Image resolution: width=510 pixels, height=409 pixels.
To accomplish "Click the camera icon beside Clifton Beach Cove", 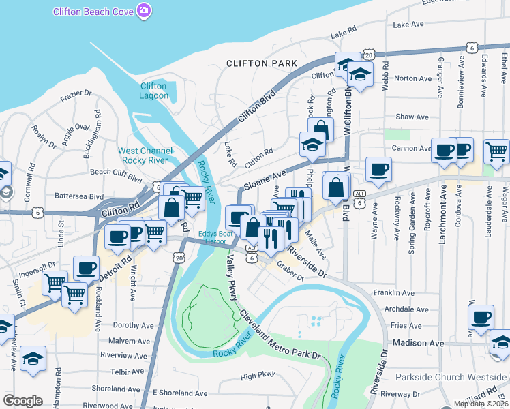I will coord(144,10).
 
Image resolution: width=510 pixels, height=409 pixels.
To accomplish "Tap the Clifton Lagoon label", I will coord(153,91).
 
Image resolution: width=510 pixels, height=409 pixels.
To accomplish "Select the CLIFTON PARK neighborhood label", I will coord(262,63).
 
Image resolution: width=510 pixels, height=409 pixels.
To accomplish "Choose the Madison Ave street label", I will coord(412,343).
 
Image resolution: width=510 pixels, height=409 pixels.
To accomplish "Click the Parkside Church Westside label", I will coord(452,377).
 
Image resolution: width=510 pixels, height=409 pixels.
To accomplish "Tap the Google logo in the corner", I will coord(22,401).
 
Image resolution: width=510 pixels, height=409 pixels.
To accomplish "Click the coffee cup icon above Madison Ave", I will coord(481,317).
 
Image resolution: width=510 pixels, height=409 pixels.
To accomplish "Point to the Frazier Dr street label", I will coord(76,93).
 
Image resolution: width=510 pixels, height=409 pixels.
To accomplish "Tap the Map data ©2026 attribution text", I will coord(481,404).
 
